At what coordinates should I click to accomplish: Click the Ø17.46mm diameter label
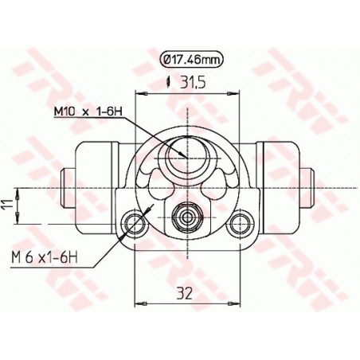click(191, 61)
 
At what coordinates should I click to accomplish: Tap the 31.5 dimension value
click(193, 83)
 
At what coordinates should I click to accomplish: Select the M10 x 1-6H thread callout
click(88, 112)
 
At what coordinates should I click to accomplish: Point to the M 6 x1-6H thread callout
click(45, 257)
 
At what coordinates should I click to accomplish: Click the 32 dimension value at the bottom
click(185, 294)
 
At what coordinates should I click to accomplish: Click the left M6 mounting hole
click(135, 223)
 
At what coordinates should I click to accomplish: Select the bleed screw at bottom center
click(187, 217)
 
